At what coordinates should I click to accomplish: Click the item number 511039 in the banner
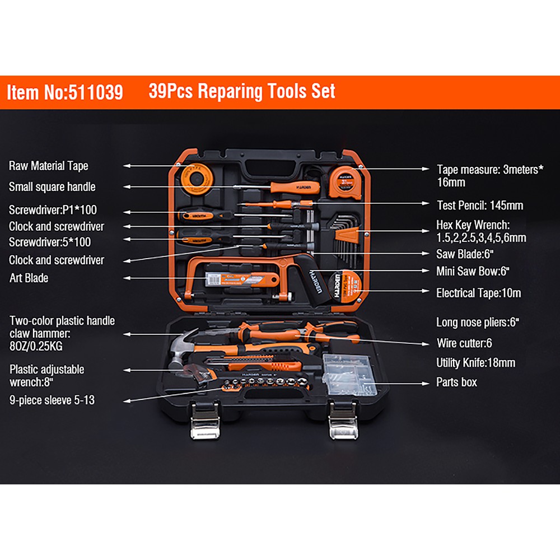[x=95, y=92]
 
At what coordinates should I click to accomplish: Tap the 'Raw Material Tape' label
[x=49, y=166]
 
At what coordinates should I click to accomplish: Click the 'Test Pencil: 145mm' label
[x=480, y=206]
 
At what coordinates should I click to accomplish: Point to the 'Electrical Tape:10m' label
[x=479, y=293]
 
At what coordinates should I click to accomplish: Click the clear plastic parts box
[x=349, y=376]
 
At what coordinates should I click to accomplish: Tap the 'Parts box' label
[x=456, y=382]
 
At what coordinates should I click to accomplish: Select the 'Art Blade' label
[x=29, y=278]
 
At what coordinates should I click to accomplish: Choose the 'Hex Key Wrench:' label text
[x=473, y=225]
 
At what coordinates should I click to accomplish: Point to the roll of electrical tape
[x=344, y=286]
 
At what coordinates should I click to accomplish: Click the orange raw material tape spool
[x=197, y=179]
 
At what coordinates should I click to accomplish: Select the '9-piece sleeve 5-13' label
[x=52, y=400]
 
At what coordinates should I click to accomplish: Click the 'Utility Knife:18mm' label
[x=475, y=363]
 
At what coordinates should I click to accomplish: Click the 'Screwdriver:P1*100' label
[x=53, y=210]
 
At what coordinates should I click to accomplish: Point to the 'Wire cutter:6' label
[x=464, y=343]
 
